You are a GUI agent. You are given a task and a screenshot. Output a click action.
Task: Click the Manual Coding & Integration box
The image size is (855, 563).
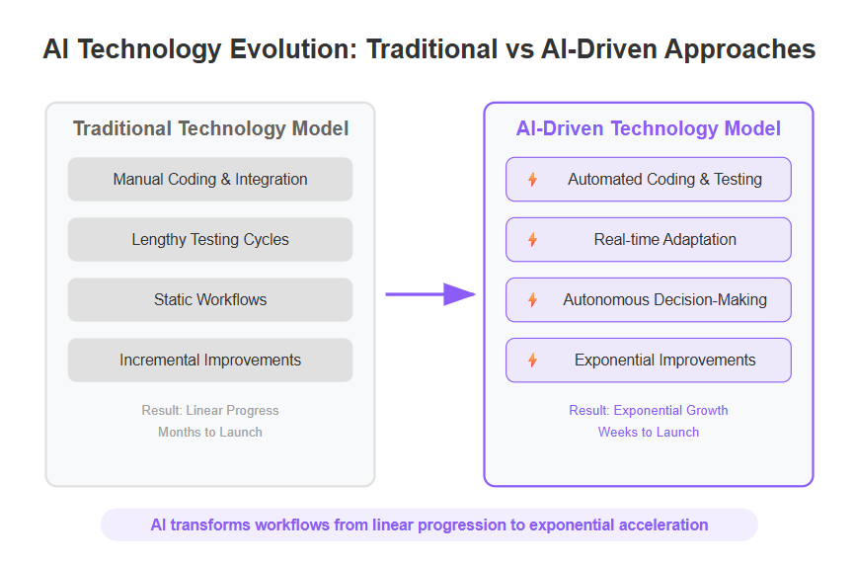click(x=210, y=180)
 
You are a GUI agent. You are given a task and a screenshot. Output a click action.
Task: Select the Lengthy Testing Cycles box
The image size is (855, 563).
click(x=210, y=239)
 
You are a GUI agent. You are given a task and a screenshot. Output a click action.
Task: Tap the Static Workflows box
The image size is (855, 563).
click(x=210, y=299)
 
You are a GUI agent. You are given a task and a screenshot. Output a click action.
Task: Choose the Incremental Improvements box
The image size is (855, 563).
click(x=210, y=361)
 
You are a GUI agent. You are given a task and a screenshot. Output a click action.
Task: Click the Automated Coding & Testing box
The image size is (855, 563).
click(x=649, y=180)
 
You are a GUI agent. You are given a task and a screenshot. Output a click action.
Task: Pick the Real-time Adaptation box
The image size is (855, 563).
click(x=649, y=239)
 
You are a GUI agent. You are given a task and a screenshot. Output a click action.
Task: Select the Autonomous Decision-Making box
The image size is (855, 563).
click(x=649, y=299)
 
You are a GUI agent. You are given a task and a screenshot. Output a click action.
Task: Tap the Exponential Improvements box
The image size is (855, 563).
click(x=649, y=361)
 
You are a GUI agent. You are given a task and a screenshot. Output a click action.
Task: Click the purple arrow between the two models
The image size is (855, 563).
click(x=430, y=294)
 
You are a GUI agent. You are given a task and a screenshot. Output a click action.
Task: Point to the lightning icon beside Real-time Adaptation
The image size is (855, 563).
click(x=533, y=239)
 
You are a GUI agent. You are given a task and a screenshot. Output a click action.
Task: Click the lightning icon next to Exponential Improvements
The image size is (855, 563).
click(x=533, y=361)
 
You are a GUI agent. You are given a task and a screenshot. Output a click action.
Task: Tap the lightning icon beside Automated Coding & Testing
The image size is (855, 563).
click(x=533, y=180)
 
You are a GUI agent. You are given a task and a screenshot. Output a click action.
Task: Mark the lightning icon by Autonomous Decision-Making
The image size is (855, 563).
click(x=533, y=299)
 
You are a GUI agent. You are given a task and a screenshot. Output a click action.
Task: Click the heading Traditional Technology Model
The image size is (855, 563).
click(x=210, y=128)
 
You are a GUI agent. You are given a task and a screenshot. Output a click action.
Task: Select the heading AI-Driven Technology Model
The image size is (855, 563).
click(x=649, y=128)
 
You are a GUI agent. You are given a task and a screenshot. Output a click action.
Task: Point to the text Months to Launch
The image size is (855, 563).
click(x=210, y=432)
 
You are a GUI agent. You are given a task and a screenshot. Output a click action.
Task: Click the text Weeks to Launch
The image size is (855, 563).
click(x=649, y=432)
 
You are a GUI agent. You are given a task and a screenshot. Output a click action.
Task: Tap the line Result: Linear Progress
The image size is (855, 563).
click(x=210, y=410)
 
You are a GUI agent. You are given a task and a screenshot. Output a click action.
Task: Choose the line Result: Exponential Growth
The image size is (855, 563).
click(x=649, y=410)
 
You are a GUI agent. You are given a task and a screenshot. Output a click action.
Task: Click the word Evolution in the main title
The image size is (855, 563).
click(x=293, y=49)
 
